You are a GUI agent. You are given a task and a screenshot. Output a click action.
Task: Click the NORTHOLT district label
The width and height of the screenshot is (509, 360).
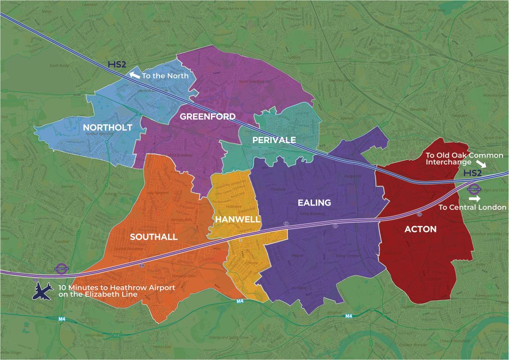(107, 128)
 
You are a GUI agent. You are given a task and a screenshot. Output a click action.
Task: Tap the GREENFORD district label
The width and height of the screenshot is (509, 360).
(208, 117)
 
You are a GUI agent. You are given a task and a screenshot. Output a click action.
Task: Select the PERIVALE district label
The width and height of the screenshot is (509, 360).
(274, 140)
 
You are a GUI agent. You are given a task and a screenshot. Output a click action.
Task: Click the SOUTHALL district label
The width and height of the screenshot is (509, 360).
(154, 237)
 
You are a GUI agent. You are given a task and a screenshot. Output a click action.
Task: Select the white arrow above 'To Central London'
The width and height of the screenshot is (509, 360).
(475, 198)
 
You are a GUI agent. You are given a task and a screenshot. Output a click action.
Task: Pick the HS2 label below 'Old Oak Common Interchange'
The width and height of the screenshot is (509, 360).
(472, 174)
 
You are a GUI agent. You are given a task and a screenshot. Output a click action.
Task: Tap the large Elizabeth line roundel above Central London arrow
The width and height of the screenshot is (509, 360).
(474, 189)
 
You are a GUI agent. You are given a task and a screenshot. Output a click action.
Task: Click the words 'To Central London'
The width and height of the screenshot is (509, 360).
(473, 207)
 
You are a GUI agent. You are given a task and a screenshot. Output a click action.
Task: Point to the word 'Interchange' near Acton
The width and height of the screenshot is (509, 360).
(448, 163)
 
